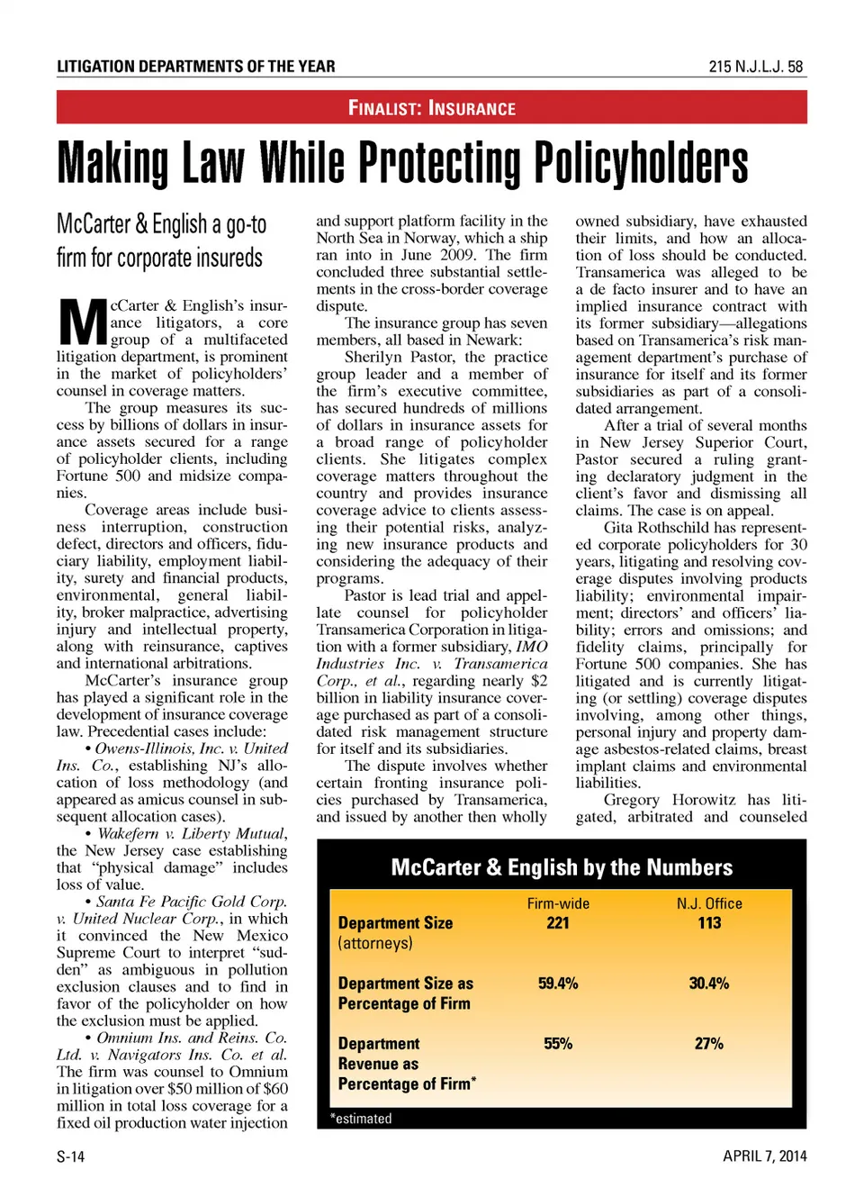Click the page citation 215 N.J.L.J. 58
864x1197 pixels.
(x=755, y=67)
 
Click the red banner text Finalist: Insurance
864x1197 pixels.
(x=432, y=109)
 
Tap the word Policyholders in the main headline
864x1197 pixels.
(x=641, y=164)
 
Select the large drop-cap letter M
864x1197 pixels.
(x=82, y=322)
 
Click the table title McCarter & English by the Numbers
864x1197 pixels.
(x=562, y=867)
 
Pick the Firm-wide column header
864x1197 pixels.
(x=558, y=903)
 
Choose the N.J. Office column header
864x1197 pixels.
(x=709, y=903)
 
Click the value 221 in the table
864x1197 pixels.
(x=558, y=922)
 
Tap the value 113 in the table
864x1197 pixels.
(x=709, y=922)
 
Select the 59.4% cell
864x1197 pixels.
(x=558, y=984)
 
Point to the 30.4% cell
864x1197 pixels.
(x=709, y=984)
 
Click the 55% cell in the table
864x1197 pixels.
(x=558, y=1044)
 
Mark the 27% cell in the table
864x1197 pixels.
(x=709, y=1044)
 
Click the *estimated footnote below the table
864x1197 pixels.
(x=361, y=1119)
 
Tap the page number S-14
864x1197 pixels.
(x=70, y=1156)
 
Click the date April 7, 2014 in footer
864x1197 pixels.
(x=764, y=1156)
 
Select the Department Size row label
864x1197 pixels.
(x=395, y=923)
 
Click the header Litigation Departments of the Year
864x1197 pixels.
(x=195, y=67)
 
